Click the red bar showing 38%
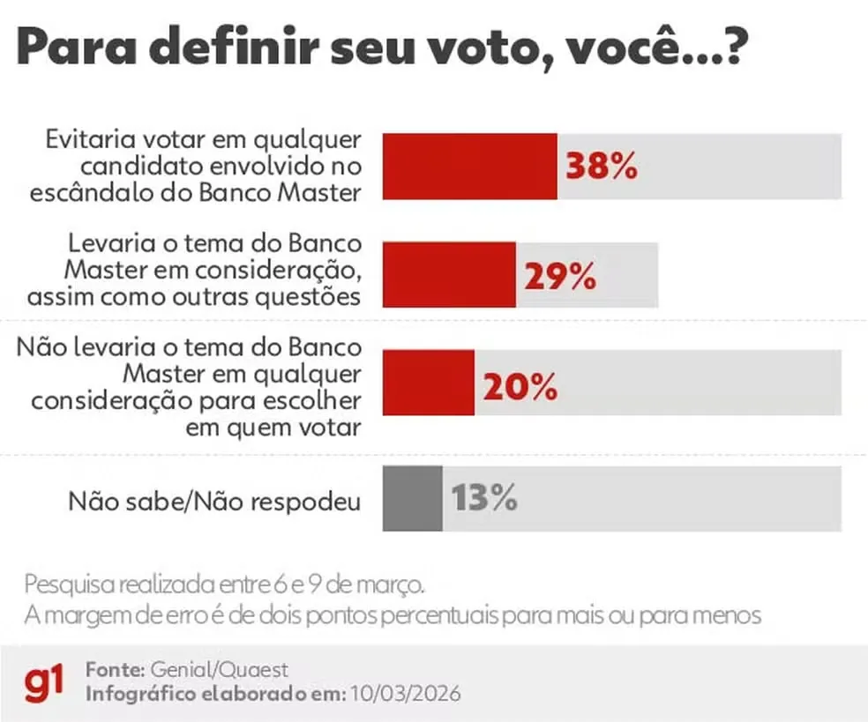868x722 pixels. tap(469, 167)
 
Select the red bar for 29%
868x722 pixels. tap(449, 276)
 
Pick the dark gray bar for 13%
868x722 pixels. tap(412, 499)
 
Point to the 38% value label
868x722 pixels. tap(601, 167)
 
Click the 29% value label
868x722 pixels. tap(560, 277)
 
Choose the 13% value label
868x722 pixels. tap(483, 499)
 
